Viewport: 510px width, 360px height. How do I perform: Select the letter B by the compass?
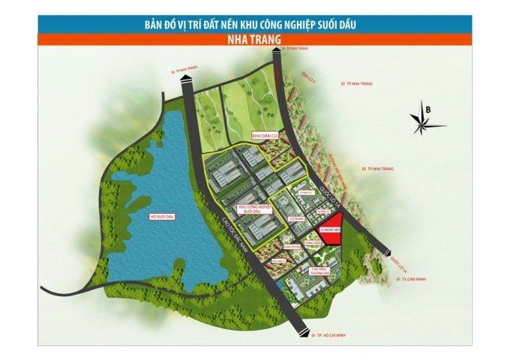tap(428, 109)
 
